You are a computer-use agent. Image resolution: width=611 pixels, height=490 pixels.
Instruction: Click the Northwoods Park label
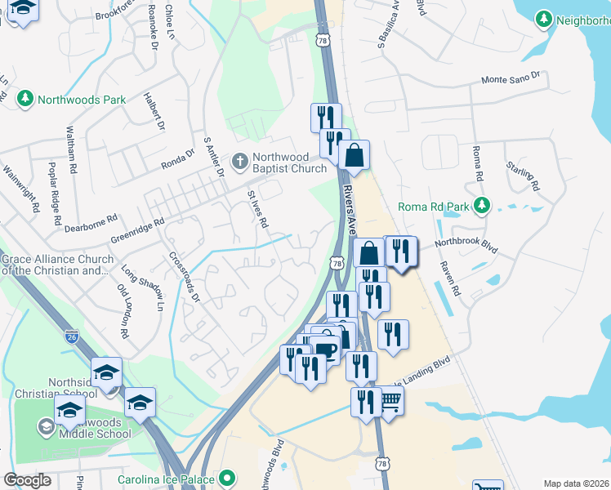click(x=80, y=100)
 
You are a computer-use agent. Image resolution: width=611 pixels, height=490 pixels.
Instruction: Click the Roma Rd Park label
click(x=434, y=207)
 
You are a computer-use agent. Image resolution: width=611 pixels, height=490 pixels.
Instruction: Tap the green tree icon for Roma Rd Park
click(x=483, y=205)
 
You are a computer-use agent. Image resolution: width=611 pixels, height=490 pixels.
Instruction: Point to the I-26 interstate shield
click(x=73, y=334)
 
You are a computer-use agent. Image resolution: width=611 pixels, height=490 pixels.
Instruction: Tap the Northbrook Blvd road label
click(x=466, y=243)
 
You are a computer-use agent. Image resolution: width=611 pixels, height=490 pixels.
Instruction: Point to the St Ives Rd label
click(x=258, y=210)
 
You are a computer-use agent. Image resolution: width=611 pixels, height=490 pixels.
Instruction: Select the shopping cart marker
click(x=390, y=401)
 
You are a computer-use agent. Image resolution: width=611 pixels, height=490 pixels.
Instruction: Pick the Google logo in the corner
click(x=28, y=480)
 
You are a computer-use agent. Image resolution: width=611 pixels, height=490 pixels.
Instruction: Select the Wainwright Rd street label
click(x=22, y=189)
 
